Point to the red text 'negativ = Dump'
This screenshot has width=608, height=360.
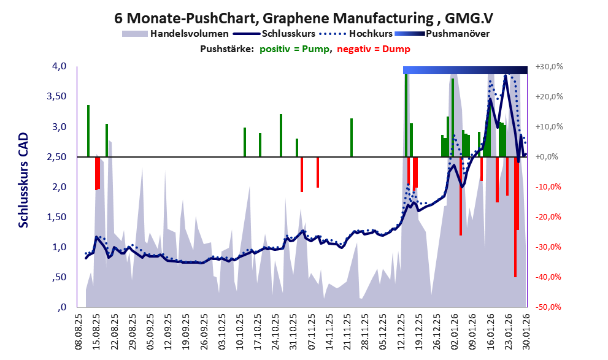pos(374,49)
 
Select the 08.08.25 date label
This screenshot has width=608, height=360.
pos(78,331)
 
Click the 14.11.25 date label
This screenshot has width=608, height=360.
pos(331,331)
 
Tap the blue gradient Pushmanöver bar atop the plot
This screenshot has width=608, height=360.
pos(465,70)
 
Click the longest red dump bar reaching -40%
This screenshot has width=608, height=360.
pos(515,217)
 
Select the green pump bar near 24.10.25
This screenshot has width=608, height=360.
pos(281,136)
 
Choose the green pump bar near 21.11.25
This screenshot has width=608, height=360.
pos(352,137)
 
